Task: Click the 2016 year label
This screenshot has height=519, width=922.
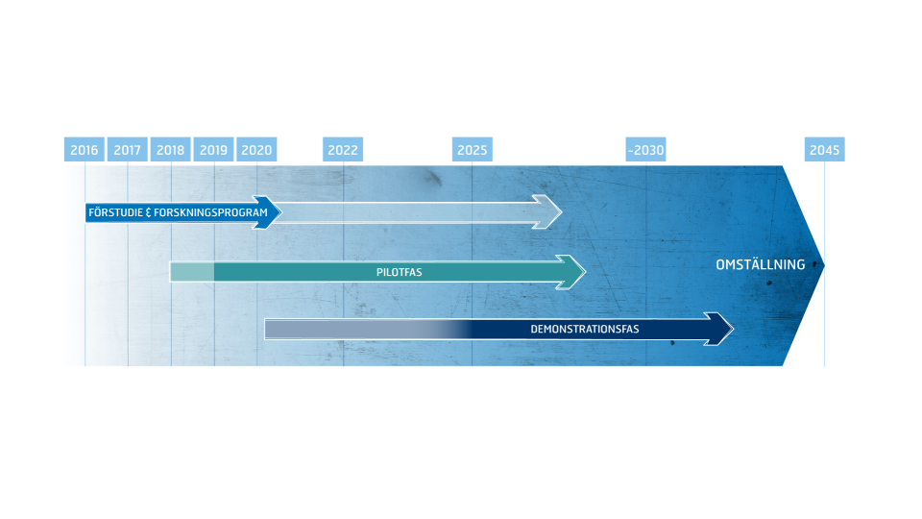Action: [x=85, y=150]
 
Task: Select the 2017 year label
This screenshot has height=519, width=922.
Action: [x=127, y=150]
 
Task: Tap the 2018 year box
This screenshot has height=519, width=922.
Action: [x=170, y=150]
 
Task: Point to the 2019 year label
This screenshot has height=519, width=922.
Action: [x=213, y=150]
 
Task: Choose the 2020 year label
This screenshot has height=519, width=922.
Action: [x=256, y=150]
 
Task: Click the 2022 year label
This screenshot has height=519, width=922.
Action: [x=343, y=150]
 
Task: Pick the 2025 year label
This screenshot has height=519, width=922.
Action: [x=472, y=150]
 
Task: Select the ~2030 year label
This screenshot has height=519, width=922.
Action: [x=645, y=150]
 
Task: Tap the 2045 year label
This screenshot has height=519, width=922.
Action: [x=824, y=150]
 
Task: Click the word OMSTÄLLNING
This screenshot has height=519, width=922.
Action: [x=761, y=264]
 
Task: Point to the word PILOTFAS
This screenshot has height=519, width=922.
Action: [x=399, y=273]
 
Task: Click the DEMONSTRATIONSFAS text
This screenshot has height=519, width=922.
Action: [x=585, y=330]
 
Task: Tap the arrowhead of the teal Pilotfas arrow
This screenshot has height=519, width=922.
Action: [x=572, y=272]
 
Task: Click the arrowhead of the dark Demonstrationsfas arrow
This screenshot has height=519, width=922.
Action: [x=720, y=329]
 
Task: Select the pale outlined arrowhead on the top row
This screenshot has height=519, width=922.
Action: [x=548, y=211]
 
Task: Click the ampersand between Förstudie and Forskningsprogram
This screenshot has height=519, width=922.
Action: [x=147, y=212]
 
